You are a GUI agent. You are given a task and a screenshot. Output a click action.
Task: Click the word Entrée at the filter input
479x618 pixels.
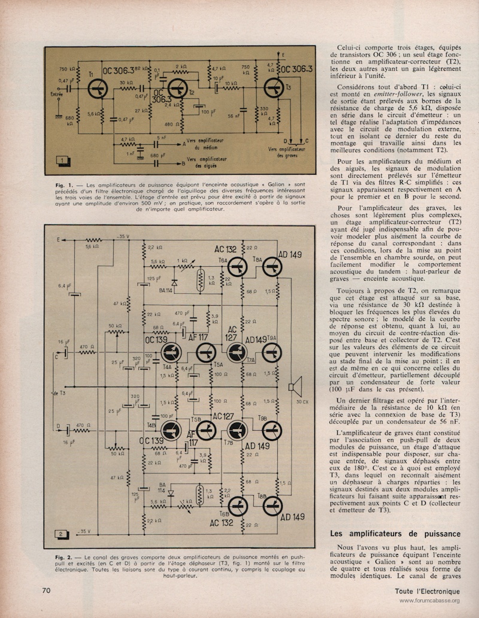pyautogui.click(x=57, y=94)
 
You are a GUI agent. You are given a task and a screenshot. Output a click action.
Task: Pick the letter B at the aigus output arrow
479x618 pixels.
pyautogui.click(x=183, y=163)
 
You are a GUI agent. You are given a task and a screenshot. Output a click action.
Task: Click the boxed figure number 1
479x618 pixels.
pyautogui.click(x=62, y=160)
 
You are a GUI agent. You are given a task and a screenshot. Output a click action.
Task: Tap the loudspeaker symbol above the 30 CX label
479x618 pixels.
pyautogui.click(x=294, y=387)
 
